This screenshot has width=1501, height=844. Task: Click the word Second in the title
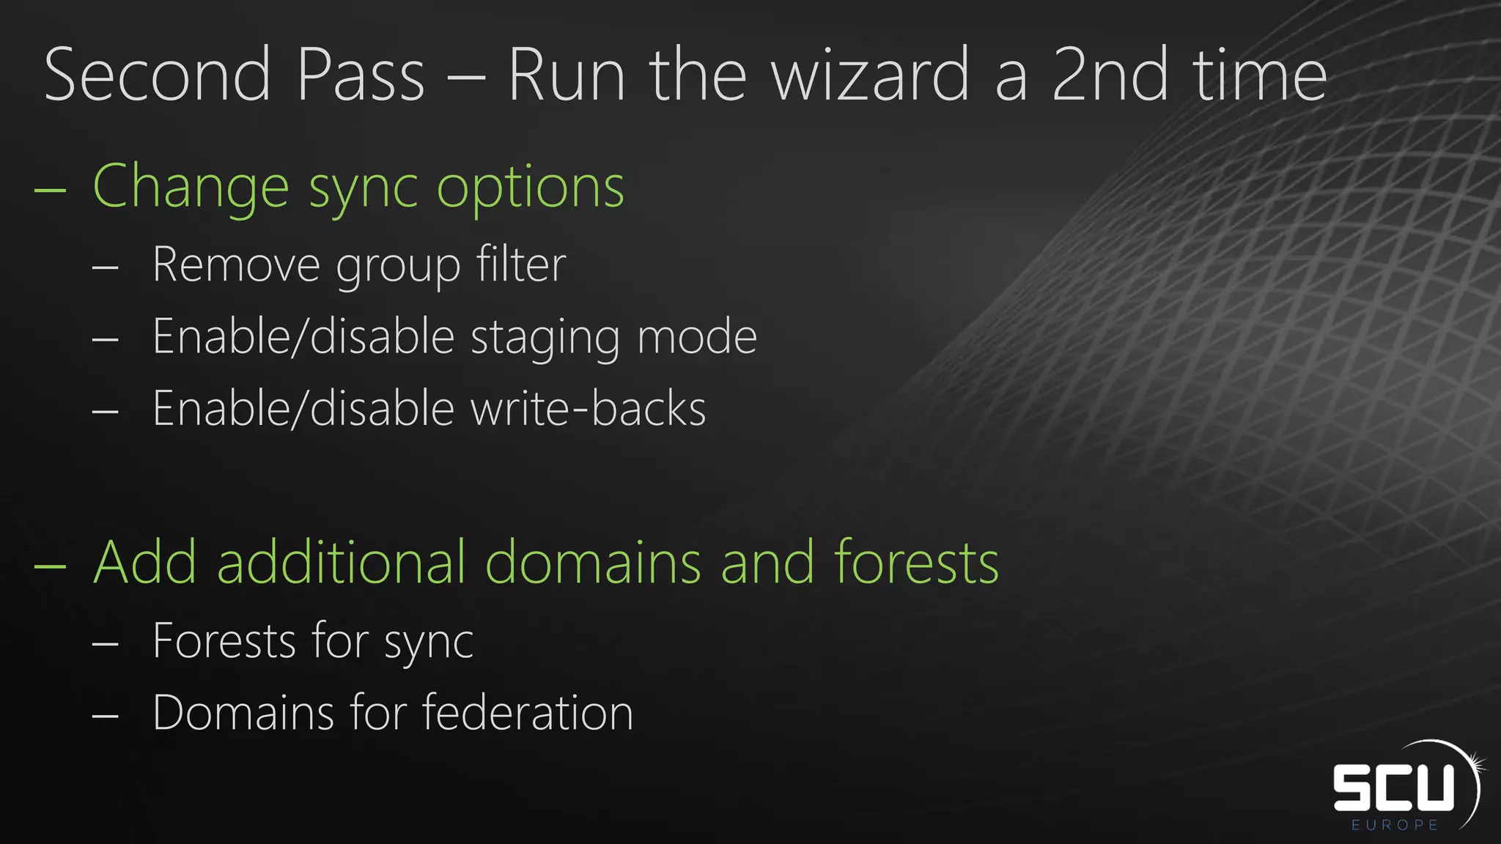(x=158, y=75)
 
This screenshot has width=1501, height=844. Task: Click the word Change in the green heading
(x=191, y=188)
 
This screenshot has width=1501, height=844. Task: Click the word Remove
(x=236, y=264)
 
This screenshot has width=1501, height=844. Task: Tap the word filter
(x=521, y=264)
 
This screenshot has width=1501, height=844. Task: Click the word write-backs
(x=588, y=409)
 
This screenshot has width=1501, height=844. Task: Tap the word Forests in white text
(x=224, y=641)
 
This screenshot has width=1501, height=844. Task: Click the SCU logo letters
(x=1393, y=788)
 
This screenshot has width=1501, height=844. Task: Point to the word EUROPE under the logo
(x=1395, y=825)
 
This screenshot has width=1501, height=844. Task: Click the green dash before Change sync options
(x=50, y=190)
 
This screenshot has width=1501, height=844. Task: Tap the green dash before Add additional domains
(x=50, y=566)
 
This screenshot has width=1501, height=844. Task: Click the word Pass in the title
(x=360, y=75)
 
